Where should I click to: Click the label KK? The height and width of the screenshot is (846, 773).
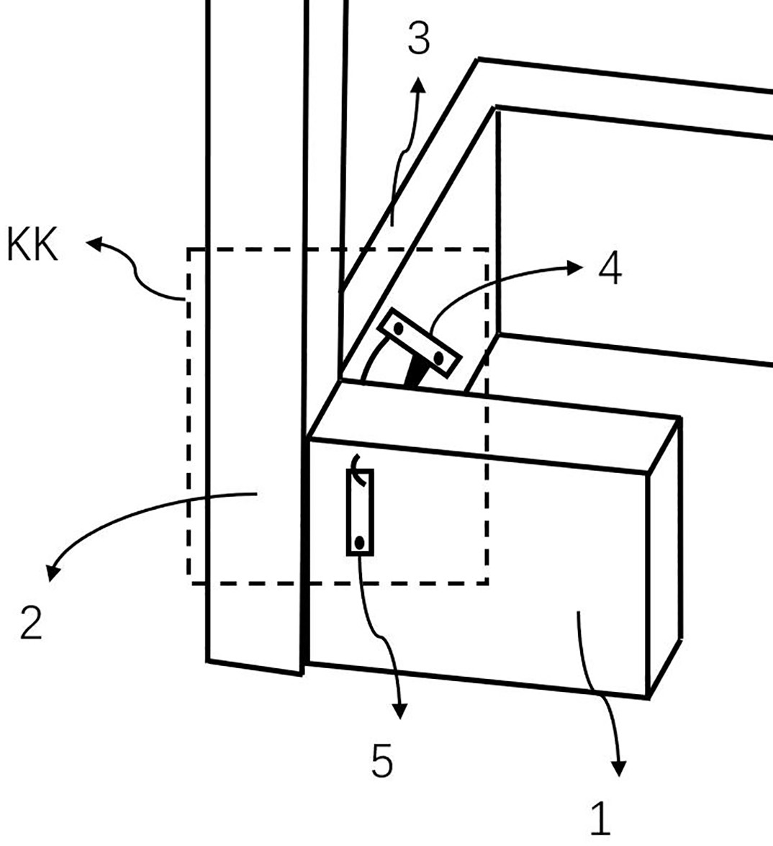coord(32,244)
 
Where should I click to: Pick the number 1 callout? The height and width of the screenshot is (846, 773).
coord(600,818)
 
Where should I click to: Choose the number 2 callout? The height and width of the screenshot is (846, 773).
coord(31,624)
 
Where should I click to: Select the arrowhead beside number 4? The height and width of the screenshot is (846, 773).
coord(575,266)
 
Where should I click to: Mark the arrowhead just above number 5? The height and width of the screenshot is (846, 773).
coord(399,711)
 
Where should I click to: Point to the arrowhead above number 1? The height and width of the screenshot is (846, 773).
coord(619,768)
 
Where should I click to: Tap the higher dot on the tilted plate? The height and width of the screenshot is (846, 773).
coord(399,328)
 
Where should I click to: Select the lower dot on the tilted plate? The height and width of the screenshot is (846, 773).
coord(438,357)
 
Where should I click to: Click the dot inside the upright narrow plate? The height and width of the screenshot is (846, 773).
coord(360,541)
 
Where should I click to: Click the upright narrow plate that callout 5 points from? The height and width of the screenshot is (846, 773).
coord(360,512)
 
